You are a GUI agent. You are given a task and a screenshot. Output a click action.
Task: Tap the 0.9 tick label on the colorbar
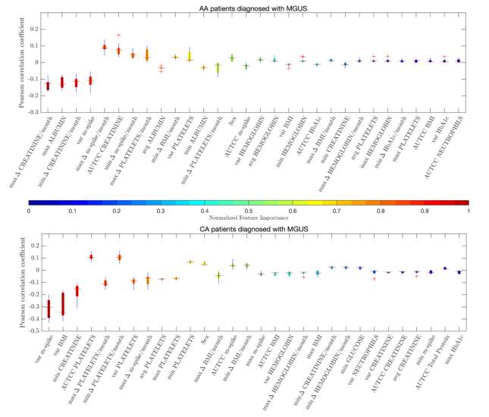tap(425, 210)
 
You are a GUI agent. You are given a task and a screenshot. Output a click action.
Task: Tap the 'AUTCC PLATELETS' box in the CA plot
tap(92, 257)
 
